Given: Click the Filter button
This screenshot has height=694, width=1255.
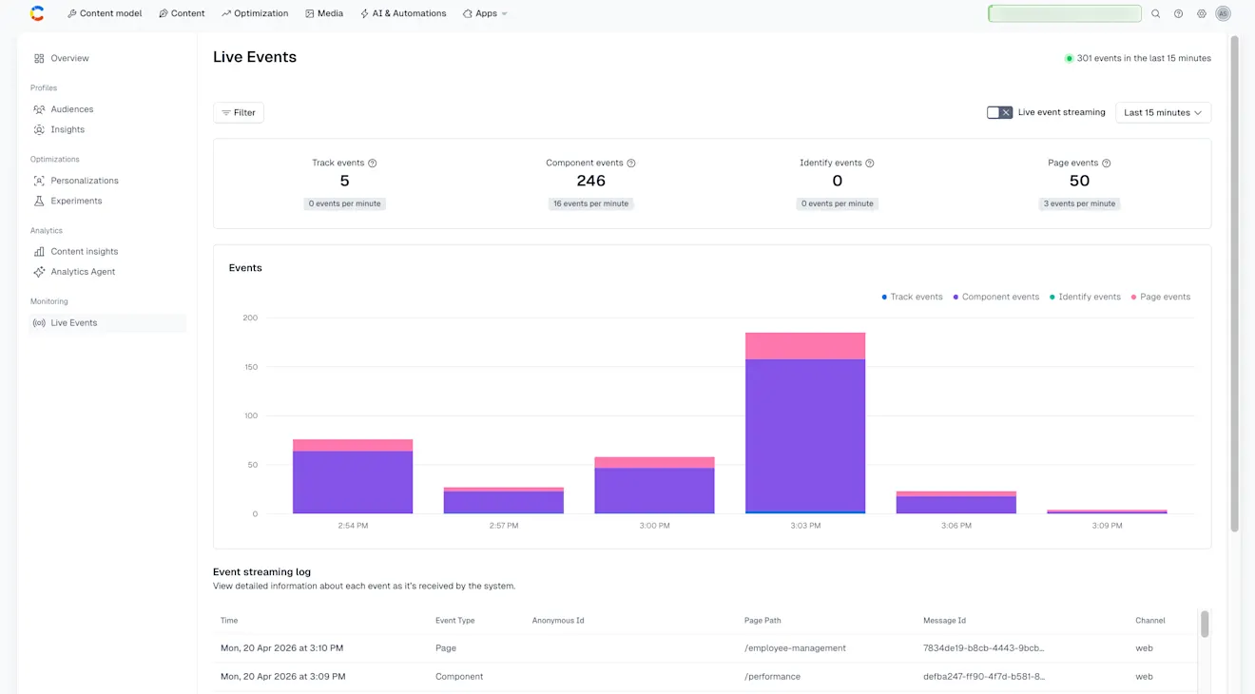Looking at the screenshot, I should [239, 112].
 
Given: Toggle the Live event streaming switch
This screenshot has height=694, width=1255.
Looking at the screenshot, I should [999, 112].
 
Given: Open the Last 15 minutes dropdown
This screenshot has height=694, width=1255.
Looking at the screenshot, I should [1163, 112].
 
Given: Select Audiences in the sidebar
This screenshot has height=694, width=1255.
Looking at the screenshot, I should [71, 109].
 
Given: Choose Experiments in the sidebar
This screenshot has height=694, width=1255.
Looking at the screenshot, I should [76, 201].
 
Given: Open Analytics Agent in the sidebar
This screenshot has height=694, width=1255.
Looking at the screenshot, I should [83, 272].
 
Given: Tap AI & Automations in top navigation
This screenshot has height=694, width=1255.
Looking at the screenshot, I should [403, 13].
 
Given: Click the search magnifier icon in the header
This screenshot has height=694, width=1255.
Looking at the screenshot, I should [1155, 13].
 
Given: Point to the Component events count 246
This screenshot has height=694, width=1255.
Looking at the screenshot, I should [590, 181].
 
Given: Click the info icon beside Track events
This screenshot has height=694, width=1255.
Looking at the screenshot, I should [372, 164].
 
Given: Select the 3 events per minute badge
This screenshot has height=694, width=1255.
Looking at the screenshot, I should [1079, 203].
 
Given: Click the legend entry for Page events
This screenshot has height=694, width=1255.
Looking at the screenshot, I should [1160, 297].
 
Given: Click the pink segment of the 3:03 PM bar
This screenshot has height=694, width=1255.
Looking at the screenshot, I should [805, 346].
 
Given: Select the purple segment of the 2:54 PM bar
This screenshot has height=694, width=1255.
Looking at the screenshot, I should [353, 482].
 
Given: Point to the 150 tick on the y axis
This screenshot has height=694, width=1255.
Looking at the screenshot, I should [249, 367].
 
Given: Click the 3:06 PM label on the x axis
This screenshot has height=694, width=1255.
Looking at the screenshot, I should [956, 526].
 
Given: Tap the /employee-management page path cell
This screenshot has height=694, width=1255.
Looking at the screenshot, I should [795, 648].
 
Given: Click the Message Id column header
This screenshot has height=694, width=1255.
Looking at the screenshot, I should [944, 621].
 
